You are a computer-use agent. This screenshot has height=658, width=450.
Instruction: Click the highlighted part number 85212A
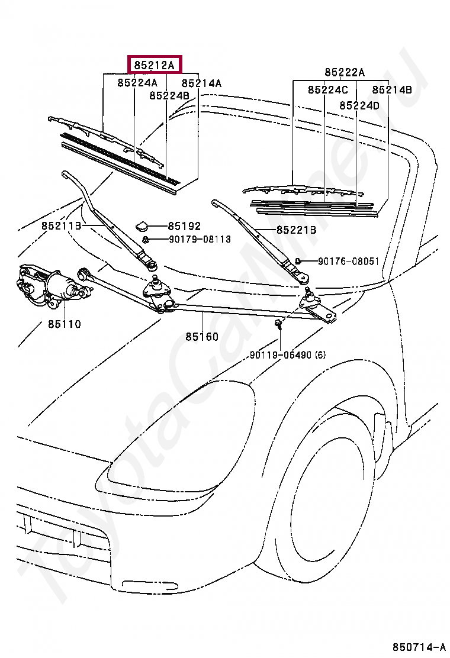click(154, 66)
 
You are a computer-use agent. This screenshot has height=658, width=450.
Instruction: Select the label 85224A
click(137, 83)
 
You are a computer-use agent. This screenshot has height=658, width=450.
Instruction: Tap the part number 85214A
click(201, 83)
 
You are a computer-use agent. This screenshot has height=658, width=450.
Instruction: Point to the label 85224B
click(169, 96)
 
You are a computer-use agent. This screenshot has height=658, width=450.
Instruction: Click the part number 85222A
click(345, 73)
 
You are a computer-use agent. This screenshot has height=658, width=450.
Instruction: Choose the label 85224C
click(328, 90)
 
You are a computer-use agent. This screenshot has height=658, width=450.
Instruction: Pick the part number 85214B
click(392, 90)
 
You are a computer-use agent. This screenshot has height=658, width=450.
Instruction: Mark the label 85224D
click(359, 105)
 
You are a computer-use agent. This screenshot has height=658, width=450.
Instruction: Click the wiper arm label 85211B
click(62, 226)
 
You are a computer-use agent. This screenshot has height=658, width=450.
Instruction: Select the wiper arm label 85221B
click(297, 230)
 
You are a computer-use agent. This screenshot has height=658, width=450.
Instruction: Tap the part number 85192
click(184, 226)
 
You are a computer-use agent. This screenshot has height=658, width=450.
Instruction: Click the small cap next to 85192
click(142, 227)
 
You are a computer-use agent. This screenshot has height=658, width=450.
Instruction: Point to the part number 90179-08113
click(200, 239)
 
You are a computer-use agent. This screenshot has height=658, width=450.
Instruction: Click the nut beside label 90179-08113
click(145, 240)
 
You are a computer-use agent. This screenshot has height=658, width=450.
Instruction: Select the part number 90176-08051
click(348, 262)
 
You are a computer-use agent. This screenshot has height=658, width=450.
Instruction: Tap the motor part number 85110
click(64, 324)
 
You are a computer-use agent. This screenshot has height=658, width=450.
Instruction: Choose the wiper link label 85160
click(202, 337)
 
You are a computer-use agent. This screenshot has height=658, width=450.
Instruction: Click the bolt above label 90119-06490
click(278, 324)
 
